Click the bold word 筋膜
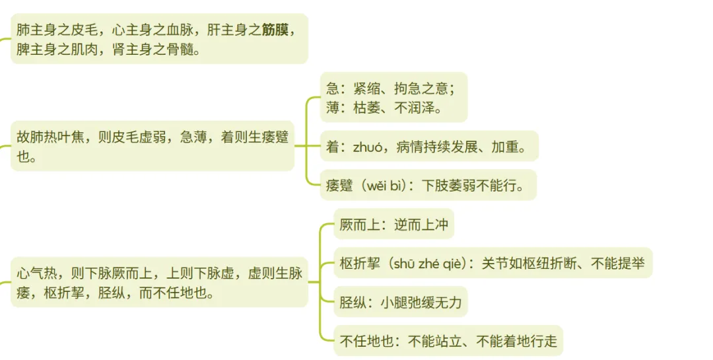click(x=275, y=30)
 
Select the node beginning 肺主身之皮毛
click(x=158, y=39)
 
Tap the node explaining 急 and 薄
click(x=393, y=97)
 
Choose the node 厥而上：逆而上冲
click(x=393, y=225)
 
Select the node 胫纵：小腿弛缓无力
click(x=400, y=303)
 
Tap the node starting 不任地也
click(x=448, y=342)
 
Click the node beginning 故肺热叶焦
click(x=152, y=147)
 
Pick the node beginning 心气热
click(x=158, y=282)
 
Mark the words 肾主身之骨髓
click(x=156, y=50)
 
